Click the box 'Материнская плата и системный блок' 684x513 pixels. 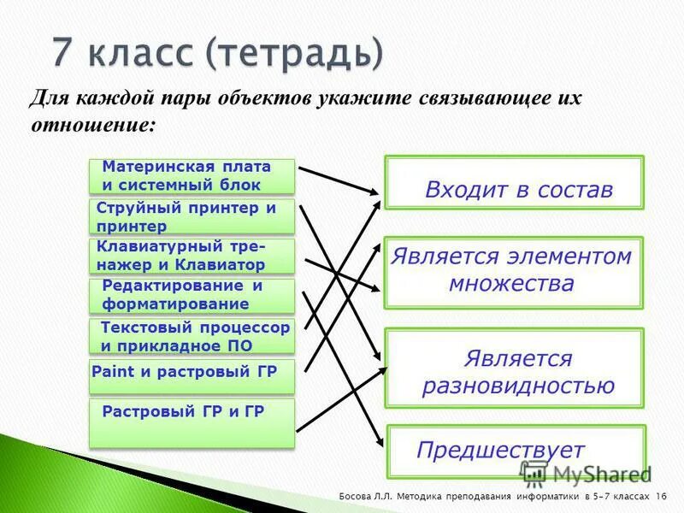(192, 176)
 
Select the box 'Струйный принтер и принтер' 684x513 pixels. (192, 217)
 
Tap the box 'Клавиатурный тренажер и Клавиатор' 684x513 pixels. (192, 256)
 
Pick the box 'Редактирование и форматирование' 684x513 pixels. (192, 295)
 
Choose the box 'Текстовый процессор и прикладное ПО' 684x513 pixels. (192, 336)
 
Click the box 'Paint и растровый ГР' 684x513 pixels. (192, 375)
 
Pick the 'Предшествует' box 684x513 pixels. (513, 451)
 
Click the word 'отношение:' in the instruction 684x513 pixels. (93, 124)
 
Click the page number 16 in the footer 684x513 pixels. (662, 497)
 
